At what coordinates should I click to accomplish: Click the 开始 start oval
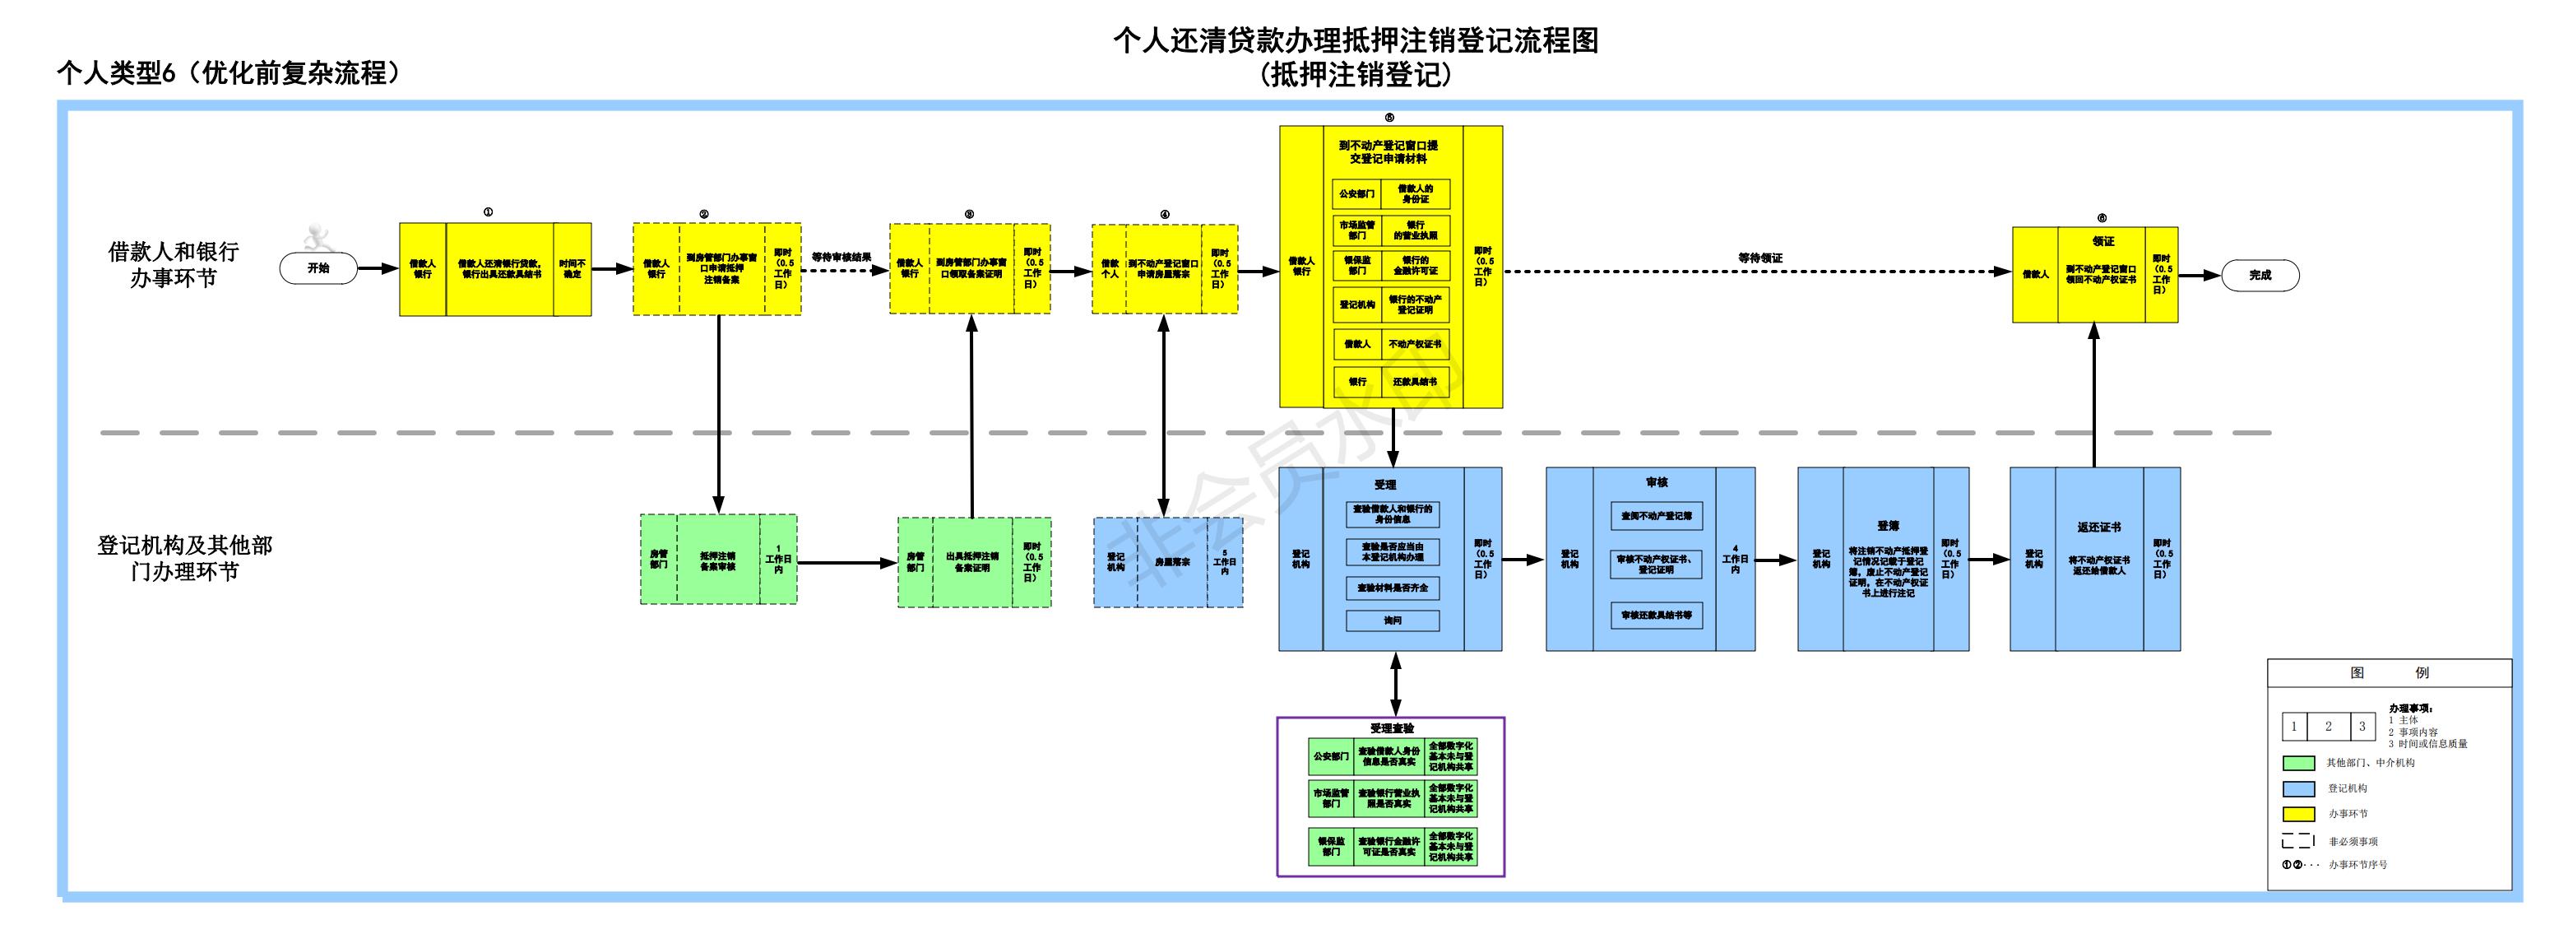pos(318,267)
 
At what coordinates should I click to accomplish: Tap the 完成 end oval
pos(2260,275)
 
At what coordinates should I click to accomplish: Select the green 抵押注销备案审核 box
pos(717,560)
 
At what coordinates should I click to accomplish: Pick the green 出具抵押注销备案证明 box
pos(972,561)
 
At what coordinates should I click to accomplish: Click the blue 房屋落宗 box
pos(1171,561)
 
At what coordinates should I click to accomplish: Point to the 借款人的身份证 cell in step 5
pos(1414,193)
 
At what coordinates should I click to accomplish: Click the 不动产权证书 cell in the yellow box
pos(1414,344)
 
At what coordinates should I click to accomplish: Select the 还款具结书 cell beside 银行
pos(1414,382)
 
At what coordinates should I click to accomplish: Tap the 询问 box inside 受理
pos(1393,621)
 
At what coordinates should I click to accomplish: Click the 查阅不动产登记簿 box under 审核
pos(1656,515)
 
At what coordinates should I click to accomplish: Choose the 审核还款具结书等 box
pos(1656,616)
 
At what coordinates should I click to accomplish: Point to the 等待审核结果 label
pos(841,257)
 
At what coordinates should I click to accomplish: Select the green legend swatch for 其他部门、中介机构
pos(2298,763)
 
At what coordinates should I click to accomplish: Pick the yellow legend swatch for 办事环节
pos(2298,814)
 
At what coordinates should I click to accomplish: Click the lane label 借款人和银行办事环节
pos(174,265)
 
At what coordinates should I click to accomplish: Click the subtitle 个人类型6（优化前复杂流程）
pos(229,73)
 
